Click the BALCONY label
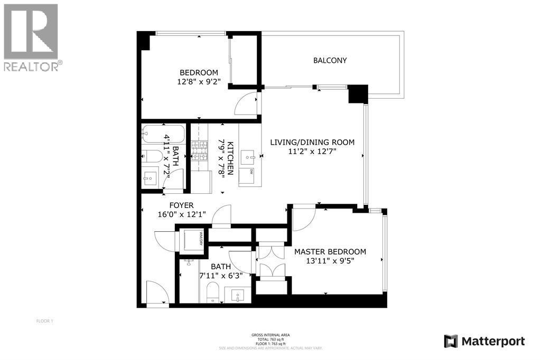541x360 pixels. tap(330, 60)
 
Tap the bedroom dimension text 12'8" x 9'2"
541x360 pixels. tap(199, 82)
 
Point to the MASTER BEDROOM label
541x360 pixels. tap(330, 252)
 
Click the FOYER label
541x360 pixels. tap(181, 205)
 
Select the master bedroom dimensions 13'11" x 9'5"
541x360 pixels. tap(330, 261)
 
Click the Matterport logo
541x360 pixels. tap(484, 341)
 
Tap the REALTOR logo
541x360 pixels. tap(32, 37)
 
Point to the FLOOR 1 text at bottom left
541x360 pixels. tap(44, 321)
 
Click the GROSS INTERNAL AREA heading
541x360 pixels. tap(270, 335)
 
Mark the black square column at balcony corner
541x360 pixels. tap(358, 94)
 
